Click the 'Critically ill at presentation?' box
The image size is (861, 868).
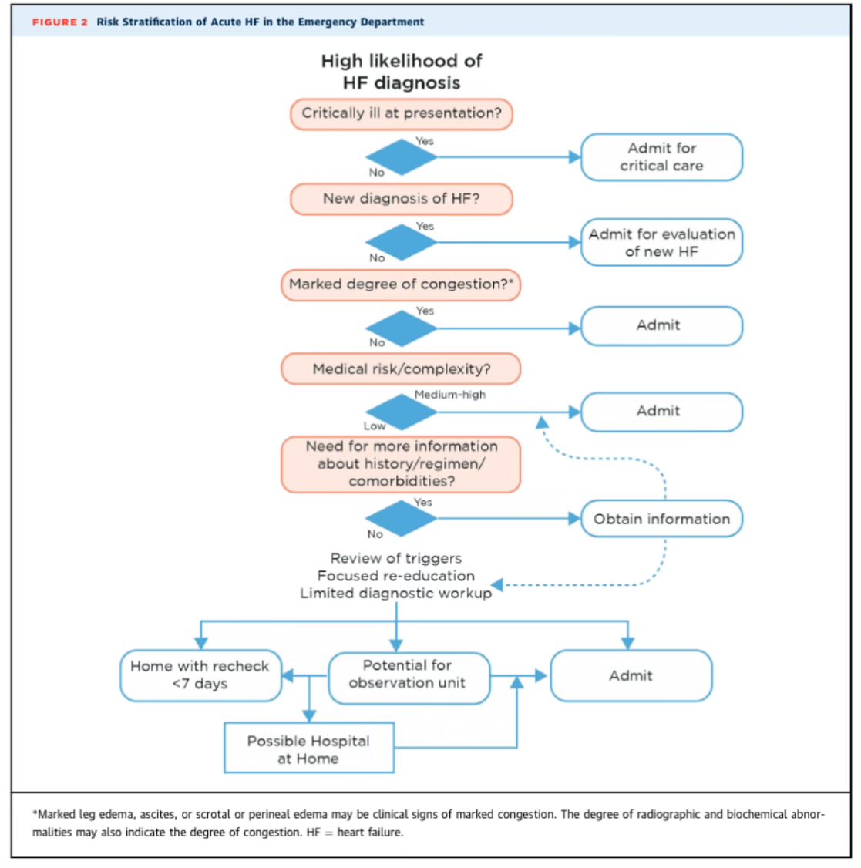401,113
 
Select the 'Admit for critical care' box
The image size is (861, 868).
661,157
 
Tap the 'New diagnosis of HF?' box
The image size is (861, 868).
401,199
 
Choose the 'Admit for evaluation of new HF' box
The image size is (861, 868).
661,243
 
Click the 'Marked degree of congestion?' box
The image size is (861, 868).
401,284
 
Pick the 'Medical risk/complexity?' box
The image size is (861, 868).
401,369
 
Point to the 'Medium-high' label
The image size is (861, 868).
450,395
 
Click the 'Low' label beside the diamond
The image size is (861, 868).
375,426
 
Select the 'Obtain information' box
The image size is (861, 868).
661,519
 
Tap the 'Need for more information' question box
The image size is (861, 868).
401,464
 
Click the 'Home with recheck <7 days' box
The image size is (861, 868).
200,675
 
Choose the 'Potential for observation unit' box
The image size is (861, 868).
409,675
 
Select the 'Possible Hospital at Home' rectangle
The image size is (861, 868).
308,749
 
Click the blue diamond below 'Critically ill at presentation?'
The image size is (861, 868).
401,157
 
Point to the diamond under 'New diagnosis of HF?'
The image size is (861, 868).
401,242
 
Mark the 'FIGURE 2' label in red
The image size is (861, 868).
60,22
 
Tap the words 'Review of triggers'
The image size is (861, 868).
396,558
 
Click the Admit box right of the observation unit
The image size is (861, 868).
631,676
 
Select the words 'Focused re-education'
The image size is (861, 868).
396,576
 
